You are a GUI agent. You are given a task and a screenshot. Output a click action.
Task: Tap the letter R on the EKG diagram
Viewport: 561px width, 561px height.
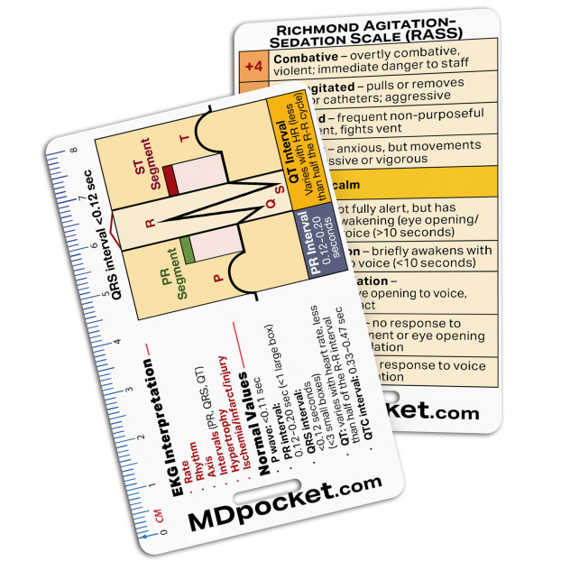(151, 222)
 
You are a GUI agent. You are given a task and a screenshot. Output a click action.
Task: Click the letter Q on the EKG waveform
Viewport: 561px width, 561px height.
(258, 204)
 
